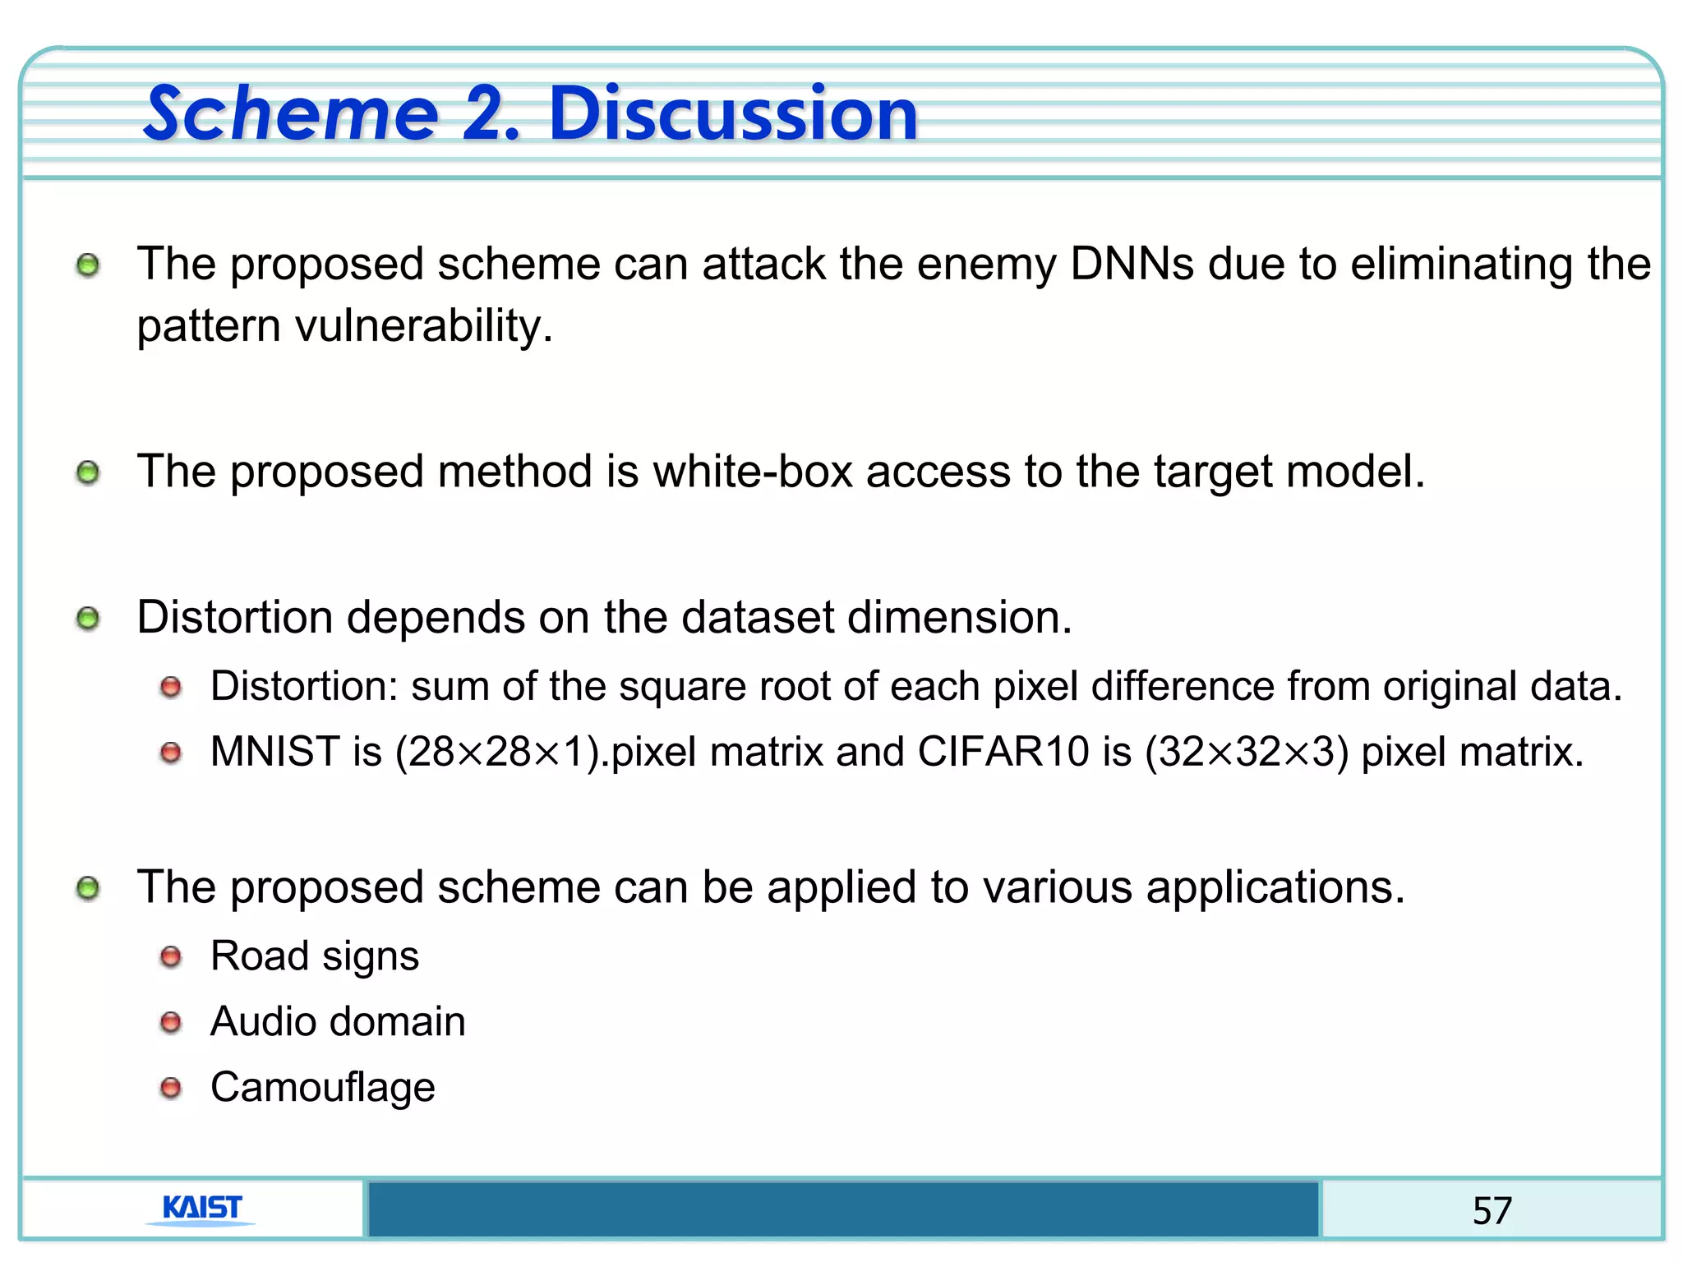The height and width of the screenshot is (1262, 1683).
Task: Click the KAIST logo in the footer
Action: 202,1209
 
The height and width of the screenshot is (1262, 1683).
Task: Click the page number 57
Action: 1492,1210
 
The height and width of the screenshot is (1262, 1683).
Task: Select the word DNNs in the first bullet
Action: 1132,265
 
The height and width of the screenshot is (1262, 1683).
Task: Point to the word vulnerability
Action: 423,326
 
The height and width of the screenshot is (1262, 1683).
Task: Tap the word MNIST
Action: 275,752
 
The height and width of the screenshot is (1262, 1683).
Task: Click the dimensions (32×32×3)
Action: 1247,752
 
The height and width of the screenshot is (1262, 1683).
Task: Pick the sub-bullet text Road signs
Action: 315,956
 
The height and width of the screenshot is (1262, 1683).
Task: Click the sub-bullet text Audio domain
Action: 338,1022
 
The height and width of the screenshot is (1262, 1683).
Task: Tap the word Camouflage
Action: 323,1088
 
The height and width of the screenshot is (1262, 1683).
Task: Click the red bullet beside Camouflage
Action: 171,1088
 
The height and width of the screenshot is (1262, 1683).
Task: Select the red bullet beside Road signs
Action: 171,956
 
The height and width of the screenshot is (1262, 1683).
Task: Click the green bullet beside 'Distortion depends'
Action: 88,619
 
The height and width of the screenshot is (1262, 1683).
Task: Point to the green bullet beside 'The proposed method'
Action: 88,473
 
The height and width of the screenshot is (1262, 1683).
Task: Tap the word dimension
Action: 959,617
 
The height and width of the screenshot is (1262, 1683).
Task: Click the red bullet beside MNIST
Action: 171,752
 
